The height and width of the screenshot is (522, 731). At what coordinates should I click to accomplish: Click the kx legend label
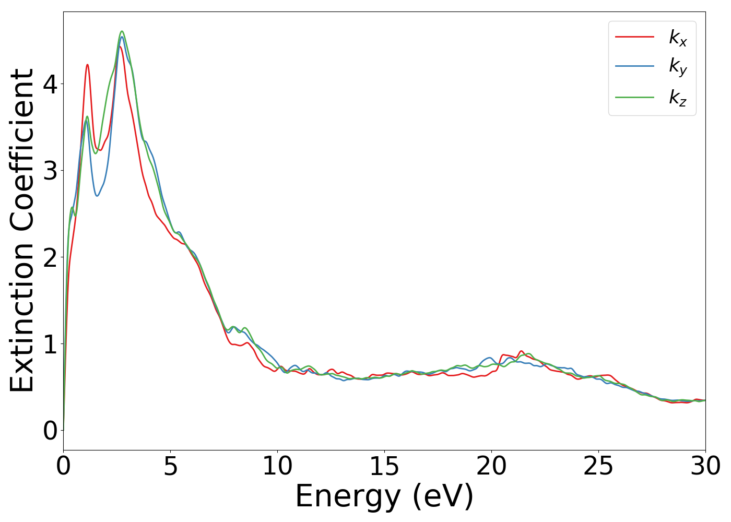[x=678, y=38]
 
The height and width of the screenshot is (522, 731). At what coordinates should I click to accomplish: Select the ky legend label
[x=678, y=67]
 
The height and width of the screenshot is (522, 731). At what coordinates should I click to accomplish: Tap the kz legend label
[x=678, y=97]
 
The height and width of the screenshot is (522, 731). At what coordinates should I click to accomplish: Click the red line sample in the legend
[x=634, y=37]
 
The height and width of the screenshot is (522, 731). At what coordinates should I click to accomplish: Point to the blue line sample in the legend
[x=634, y=66]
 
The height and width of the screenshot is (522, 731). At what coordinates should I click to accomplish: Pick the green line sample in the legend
[x=634, y=97]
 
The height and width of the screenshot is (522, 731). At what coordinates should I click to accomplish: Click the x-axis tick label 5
[x=171, y=466]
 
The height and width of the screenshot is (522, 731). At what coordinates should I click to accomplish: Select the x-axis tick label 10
[x=277, y=466]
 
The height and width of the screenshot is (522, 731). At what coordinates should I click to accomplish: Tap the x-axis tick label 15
[x=384, y=466]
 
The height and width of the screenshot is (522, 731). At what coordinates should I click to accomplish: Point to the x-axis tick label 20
[x=491, y=466]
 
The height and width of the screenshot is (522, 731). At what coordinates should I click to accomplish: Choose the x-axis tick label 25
[x=598, y=466]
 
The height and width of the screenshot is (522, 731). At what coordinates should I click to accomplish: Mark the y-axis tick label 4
[x=50, y=85]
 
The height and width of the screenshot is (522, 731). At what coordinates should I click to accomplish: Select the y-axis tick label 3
[x=50, y=171]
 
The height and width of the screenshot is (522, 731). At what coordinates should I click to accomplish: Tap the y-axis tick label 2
[x=50, y=258]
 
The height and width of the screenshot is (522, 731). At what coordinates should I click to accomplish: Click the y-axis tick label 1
[x=50, y=344]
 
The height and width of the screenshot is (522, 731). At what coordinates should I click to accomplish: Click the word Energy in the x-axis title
[x=350, y=496]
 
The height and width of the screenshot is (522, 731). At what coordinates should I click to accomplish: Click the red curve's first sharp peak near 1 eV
[x=87, y=65]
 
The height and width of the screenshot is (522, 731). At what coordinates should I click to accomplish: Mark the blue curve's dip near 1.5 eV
[x=97, y=196]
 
